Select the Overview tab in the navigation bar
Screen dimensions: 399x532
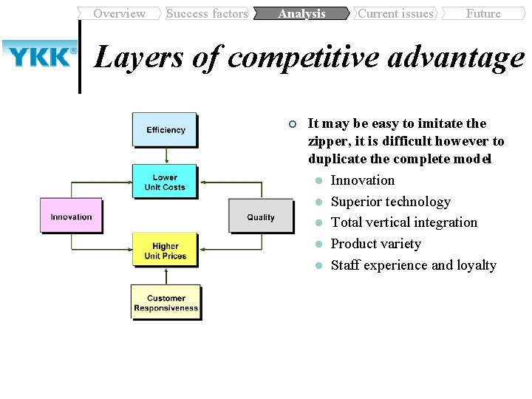click(x=119, y=13)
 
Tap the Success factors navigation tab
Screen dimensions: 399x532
click(x=207, y=13)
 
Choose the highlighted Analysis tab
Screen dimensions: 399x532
click(x=301, y=13)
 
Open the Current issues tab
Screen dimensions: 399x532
click(x=395, y=13)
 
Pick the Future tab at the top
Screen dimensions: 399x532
click(x=483, y=13)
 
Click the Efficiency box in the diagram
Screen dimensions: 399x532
click(x=165, y=129)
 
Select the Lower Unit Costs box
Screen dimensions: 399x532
click(x=165, y=182)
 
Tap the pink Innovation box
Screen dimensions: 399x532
click(x=71, y=216)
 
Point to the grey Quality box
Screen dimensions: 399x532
click(x=260, y=216)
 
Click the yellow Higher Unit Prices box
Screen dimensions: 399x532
click(x=165, y=250)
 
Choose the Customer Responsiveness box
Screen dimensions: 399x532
click(x=166, y=303)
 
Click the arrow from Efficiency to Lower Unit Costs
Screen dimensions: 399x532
click(x=166, y=155)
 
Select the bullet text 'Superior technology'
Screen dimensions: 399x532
click(x=390, y=202)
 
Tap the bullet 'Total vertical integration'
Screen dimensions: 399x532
click(x=403, y=222)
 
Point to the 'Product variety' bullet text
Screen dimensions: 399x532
click(x=375, y=244)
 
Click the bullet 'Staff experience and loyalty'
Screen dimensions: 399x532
click(x=413, y=265)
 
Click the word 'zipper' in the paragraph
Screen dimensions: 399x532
click(x=327, y=140)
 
